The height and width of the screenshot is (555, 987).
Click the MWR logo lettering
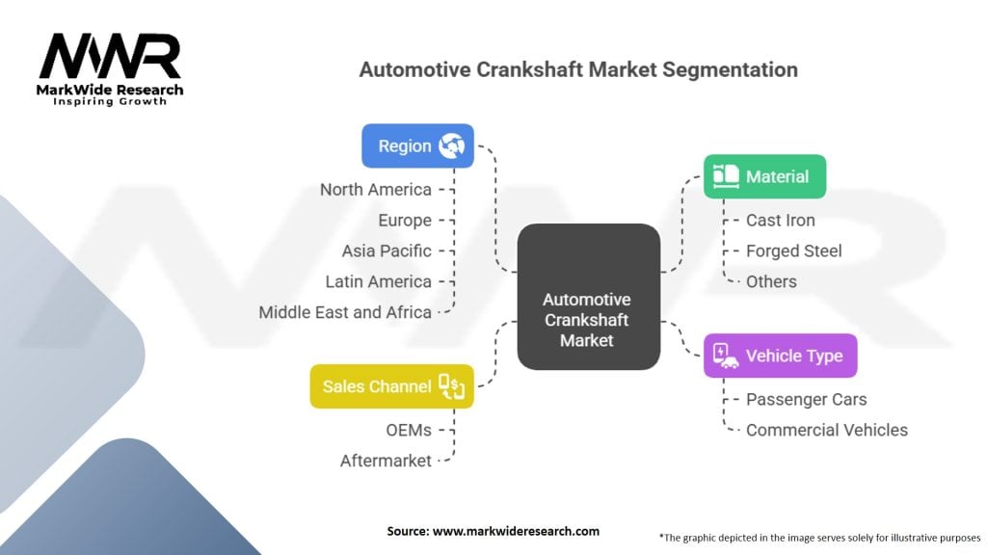pyautogui.click(x=110, y=56)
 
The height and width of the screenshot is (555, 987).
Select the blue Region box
pyautogui.click(x=417, y=145)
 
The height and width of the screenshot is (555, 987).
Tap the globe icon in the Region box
pyautogui.click(x=451, y=145)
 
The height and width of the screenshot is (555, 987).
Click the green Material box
pyautogui.click(x=764, y=176)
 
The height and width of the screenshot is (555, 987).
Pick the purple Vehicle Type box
pyautogui.click(x=781, y=356)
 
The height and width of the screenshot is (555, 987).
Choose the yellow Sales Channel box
pyautogui.click(x=391, y=386)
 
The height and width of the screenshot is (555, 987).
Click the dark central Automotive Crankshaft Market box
pyautogui.click(x=589, y=297)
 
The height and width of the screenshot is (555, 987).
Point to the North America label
pyautogui.click(x=376, y=190)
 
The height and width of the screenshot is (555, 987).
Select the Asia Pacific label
pyautogui.click(x=387, y=251)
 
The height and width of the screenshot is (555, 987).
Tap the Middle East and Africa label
pyautogui.click(x=345, y=312)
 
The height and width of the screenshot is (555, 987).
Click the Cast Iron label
pyautogui.click(x=781, y=221)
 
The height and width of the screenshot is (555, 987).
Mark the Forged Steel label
pyautogui.click(x=794, y=251)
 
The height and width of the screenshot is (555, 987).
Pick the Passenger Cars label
pyautogui.click(x=807, y=400)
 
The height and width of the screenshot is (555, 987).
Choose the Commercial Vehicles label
pyautogui.click(x=827, y=431)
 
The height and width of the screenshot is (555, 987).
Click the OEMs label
pyautogui.click(x=409, y=431)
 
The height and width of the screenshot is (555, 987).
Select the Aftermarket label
pyautogui.click(x=386, y=462)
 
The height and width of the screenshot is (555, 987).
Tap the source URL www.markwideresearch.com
pyautogui.click(x=516, y=531)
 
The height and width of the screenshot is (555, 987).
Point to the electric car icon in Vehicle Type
pyautogui.click(x=725, y=356)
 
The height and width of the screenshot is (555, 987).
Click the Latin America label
pyautogui.click(x=378, y=282)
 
